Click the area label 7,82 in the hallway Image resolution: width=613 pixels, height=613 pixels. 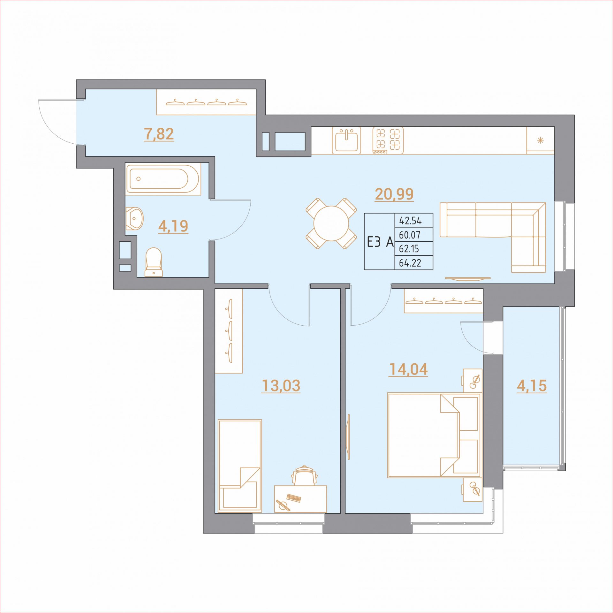159,134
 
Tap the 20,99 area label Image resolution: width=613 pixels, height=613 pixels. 394,194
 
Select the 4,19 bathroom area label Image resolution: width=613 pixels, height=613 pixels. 173,226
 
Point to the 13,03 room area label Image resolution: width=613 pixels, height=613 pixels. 281,386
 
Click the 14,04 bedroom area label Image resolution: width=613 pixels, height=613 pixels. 408,369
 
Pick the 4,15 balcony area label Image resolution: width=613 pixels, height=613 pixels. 532,386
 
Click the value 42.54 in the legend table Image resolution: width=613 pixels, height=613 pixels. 410,221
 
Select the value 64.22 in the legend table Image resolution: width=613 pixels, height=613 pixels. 410,263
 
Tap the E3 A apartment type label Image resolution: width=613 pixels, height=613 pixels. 380,242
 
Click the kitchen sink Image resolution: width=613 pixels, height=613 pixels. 346,140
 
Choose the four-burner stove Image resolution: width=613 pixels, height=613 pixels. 388,140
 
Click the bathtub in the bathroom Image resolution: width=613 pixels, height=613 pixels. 163,179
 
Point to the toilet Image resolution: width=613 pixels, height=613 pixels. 154,262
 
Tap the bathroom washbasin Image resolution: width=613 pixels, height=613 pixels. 134,219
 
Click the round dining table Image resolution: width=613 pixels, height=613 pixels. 331,223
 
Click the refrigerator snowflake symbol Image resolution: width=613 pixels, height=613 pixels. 540,140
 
